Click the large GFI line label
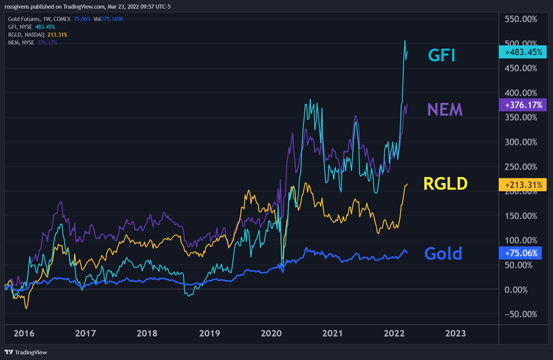(442, 56)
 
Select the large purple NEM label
(445, 109)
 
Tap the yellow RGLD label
(445, 183)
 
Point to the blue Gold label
(443, 253)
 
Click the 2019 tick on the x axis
(210, 334)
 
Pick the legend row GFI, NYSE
(32, 27)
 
